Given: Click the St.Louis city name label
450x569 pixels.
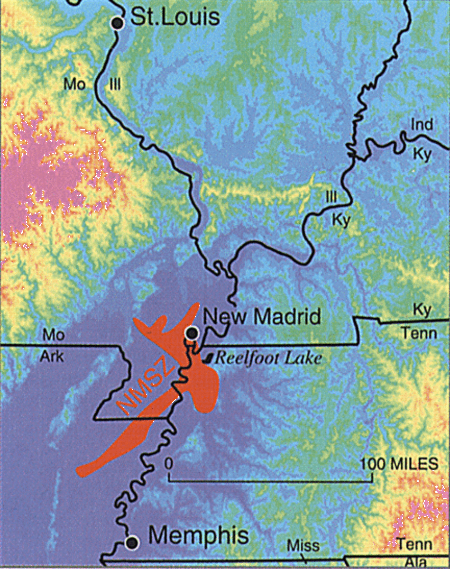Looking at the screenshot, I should [175, 18].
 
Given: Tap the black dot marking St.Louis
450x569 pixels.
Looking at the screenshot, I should [117, 23].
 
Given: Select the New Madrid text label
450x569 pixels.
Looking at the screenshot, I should [262, 317].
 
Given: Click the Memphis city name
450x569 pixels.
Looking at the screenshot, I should [199, 536].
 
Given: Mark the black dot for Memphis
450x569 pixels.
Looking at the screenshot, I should [132, 542].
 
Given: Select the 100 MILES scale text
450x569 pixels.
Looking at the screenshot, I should [399, 463].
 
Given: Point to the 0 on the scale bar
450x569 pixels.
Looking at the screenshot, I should [168, 463].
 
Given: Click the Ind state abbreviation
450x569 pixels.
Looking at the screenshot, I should [422, 125].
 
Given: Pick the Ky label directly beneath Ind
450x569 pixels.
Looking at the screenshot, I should [422, 155].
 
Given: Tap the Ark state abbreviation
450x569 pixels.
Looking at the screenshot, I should [53, 356].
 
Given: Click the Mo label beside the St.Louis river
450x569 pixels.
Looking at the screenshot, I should [75, 85].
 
